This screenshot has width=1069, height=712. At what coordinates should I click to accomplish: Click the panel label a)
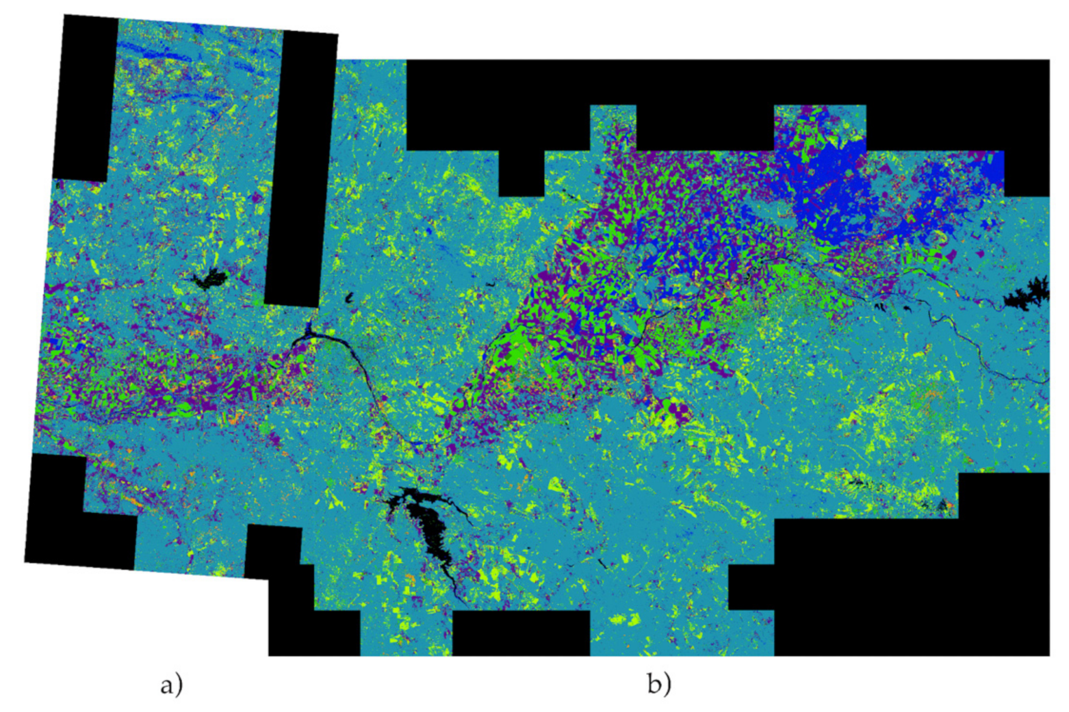[171, 684]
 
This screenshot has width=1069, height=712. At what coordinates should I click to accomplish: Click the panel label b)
[659, 683]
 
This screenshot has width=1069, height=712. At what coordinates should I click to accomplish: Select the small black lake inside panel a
[209, 279]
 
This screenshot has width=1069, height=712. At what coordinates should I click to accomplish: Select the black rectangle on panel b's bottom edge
[520, 633]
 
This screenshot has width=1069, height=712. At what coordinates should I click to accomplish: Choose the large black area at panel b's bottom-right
[910, 581]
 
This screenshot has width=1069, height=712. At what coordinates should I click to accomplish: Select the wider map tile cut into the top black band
[819, 127]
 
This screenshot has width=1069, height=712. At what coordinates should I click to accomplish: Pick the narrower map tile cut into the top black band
[613, 127]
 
